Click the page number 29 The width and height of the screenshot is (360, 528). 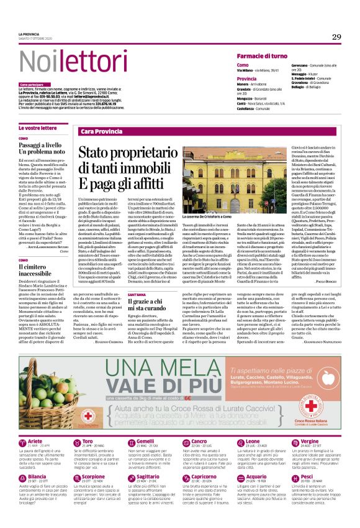click(336, 37)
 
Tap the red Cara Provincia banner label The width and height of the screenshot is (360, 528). click(101, 132)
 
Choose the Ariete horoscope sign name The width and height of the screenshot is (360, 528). click(37, 441)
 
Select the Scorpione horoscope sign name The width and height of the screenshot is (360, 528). click(94, 477)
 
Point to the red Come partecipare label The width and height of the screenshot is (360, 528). click(32, 84)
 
